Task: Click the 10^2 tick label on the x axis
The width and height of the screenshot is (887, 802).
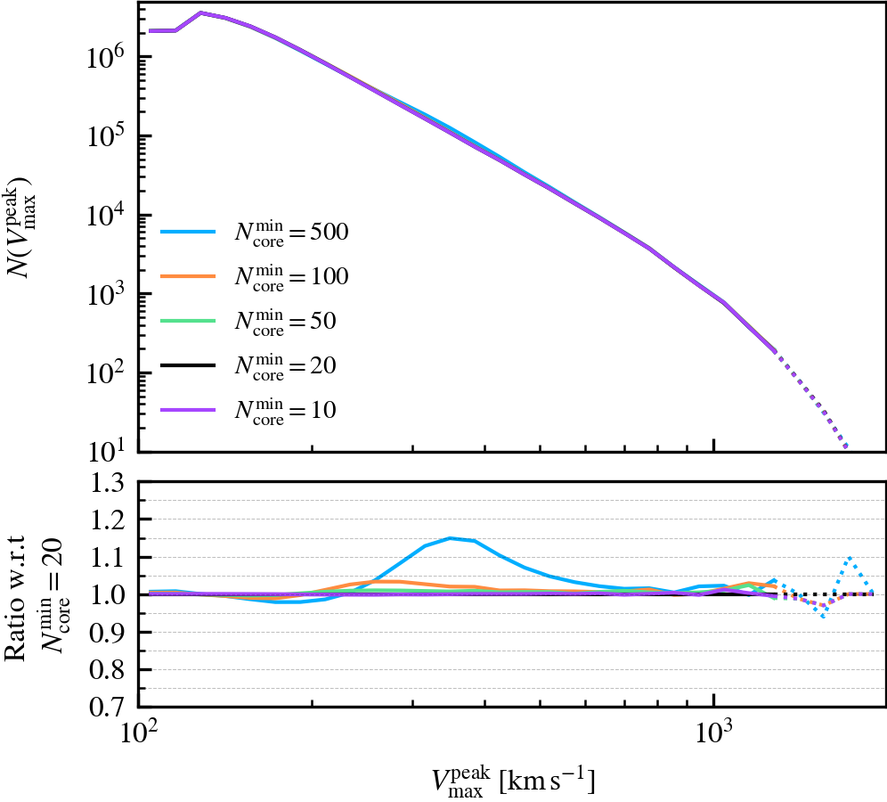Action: coord(137,737)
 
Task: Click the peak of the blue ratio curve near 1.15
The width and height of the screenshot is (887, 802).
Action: coord(451,538)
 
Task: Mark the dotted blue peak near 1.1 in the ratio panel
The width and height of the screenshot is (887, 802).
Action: coord(850,558)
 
